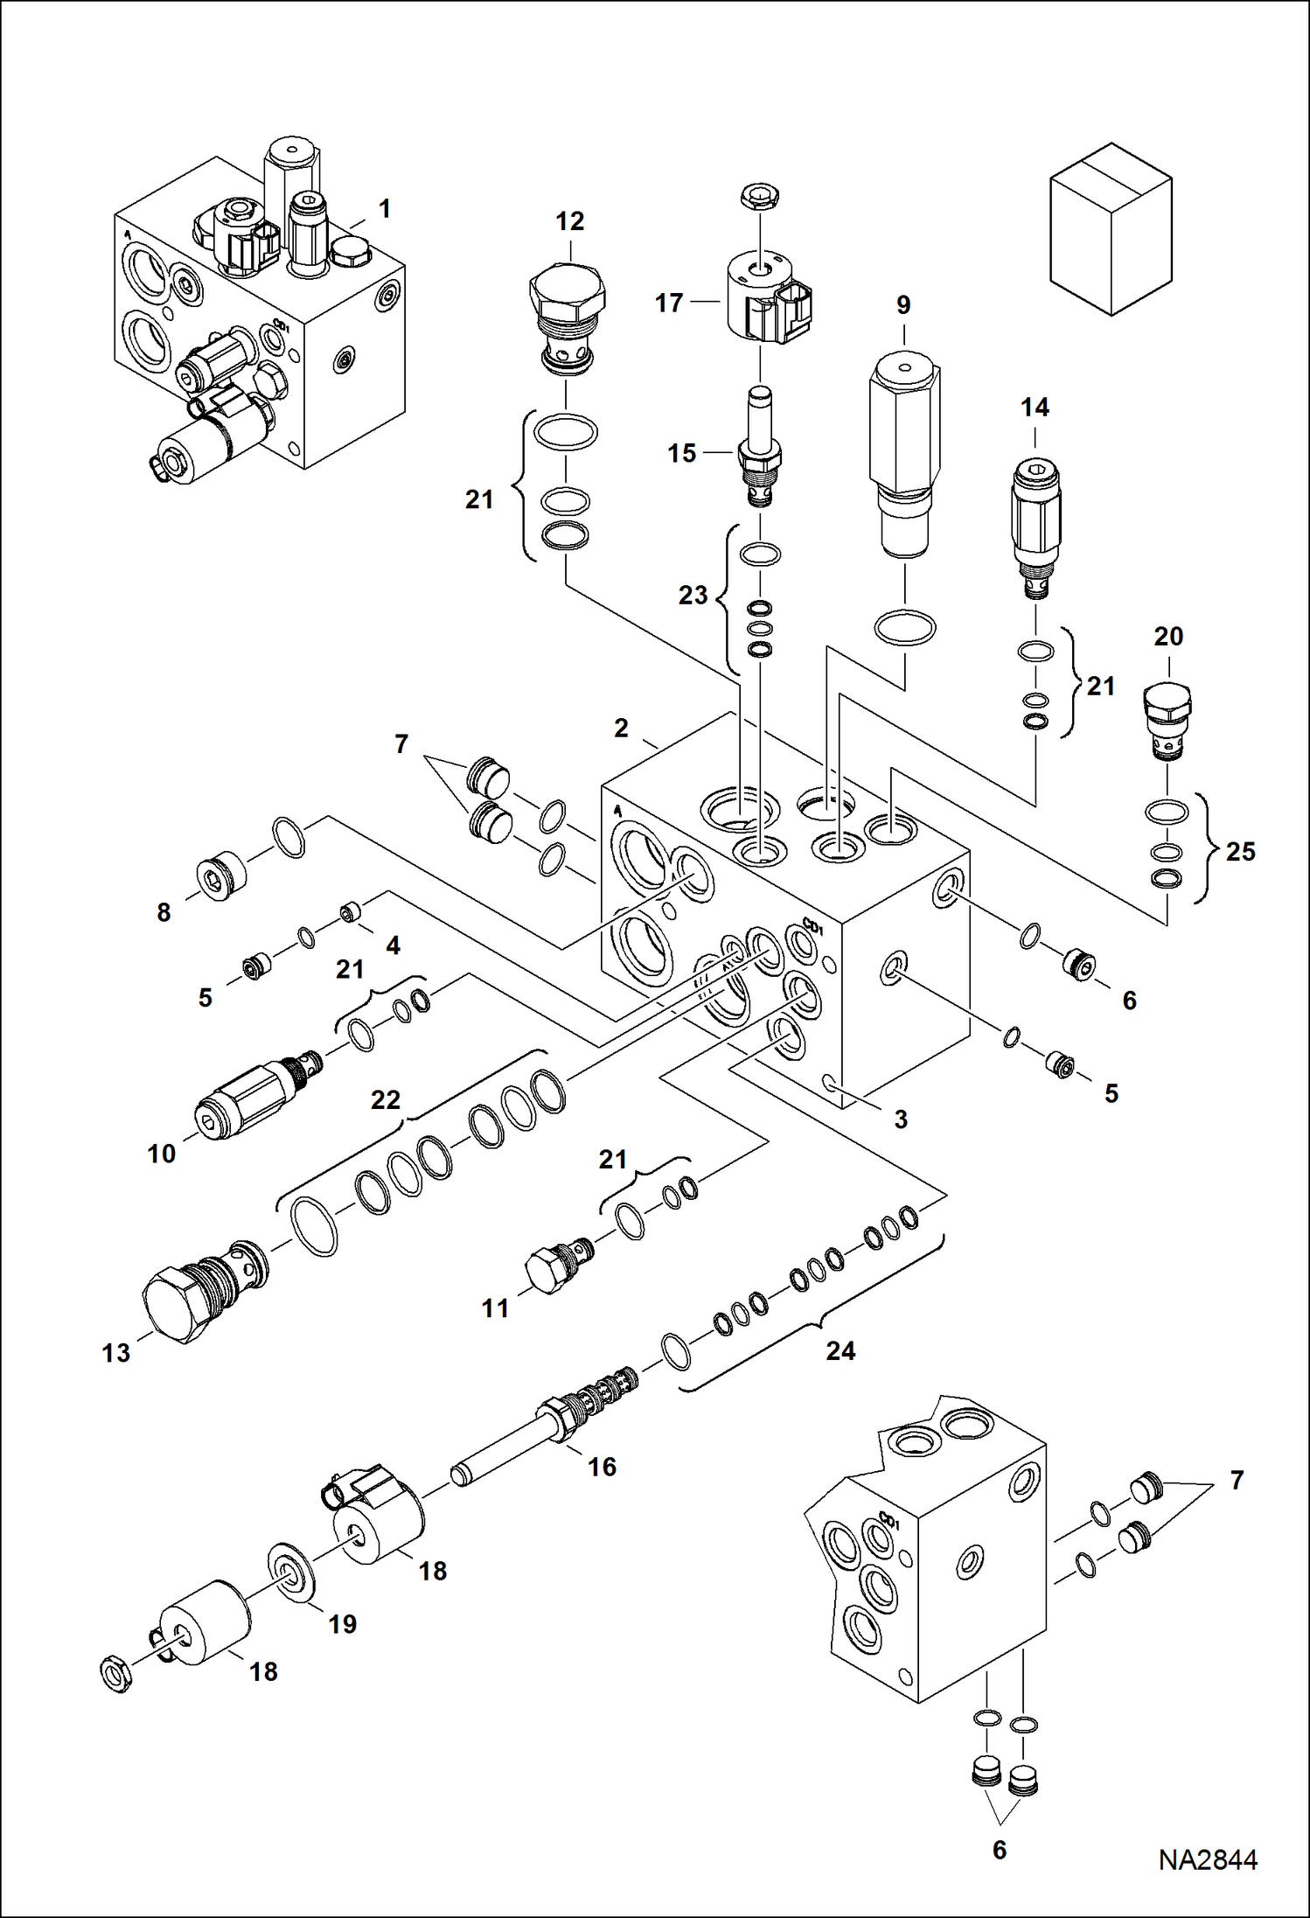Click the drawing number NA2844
pos(1208,1859)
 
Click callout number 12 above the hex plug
pos(569,221)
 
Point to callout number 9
pos(903,304)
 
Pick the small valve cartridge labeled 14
pos(1035,525)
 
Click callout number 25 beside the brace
pos(1240,851)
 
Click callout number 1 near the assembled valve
pos(384,208)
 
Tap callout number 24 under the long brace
pos(840,1351)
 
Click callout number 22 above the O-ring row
pos(385,1099)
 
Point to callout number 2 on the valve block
pos(621,728)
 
